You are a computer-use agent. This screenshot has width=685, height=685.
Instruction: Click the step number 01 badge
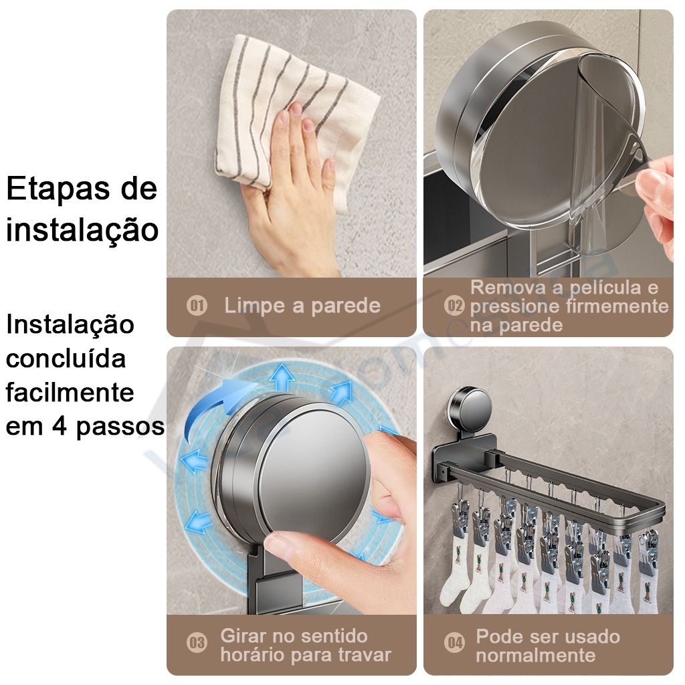click(x=197, y=305)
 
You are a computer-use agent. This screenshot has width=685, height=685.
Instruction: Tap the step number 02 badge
click(x=454, y=306)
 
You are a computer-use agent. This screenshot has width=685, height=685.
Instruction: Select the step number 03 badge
click(x=197, y=643)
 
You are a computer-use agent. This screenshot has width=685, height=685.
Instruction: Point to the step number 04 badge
click(x=455, y=643)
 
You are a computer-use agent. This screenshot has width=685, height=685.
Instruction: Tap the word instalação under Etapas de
click(x=82, y=229)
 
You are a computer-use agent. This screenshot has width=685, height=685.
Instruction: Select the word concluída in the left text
click(x=66, y=359)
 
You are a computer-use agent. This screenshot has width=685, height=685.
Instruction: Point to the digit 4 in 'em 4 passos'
click(x=60, y=426)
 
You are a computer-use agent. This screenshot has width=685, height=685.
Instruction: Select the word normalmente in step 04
click(x=536, y=656)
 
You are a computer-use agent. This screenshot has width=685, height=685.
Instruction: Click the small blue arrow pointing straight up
click(x=282, y=377)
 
